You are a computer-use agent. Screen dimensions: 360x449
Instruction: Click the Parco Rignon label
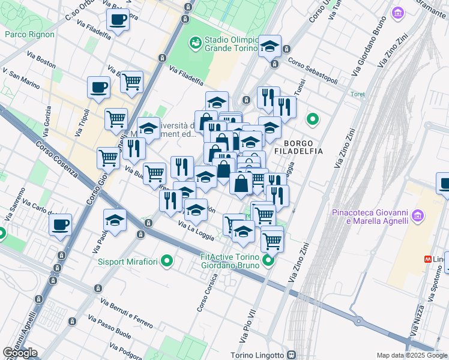[29, 34]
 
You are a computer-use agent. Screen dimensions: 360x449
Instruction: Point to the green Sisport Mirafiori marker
[167, 261]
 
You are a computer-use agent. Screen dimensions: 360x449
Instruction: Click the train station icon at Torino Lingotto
[291, 355]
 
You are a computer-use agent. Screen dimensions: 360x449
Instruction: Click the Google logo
[20, 353]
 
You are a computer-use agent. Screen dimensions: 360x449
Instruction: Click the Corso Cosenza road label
[57, 159]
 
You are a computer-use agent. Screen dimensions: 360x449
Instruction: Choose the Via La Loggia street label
[196, 231]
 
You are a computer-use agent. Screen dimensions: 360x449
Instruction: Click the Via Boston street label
[41, 59]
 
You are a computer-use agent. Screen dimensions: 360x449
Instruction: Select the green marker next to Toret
[312, 119]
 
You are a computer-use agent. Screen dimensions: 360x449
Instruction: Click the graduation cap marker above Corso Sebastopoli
[270, 46]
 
